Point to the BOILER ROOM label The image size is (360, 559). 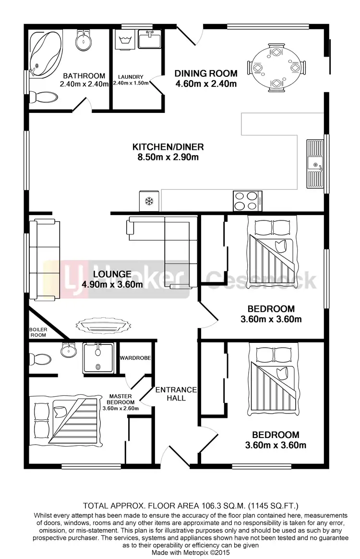(37, 332)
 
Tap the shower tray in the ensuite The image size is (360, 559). (98, 358)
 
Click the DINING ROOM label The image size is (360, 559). (205, 73)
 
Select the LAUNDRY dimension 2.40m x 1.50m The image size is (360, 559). (131, 83)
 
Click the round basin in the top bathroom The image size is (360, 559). (84, 40)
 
